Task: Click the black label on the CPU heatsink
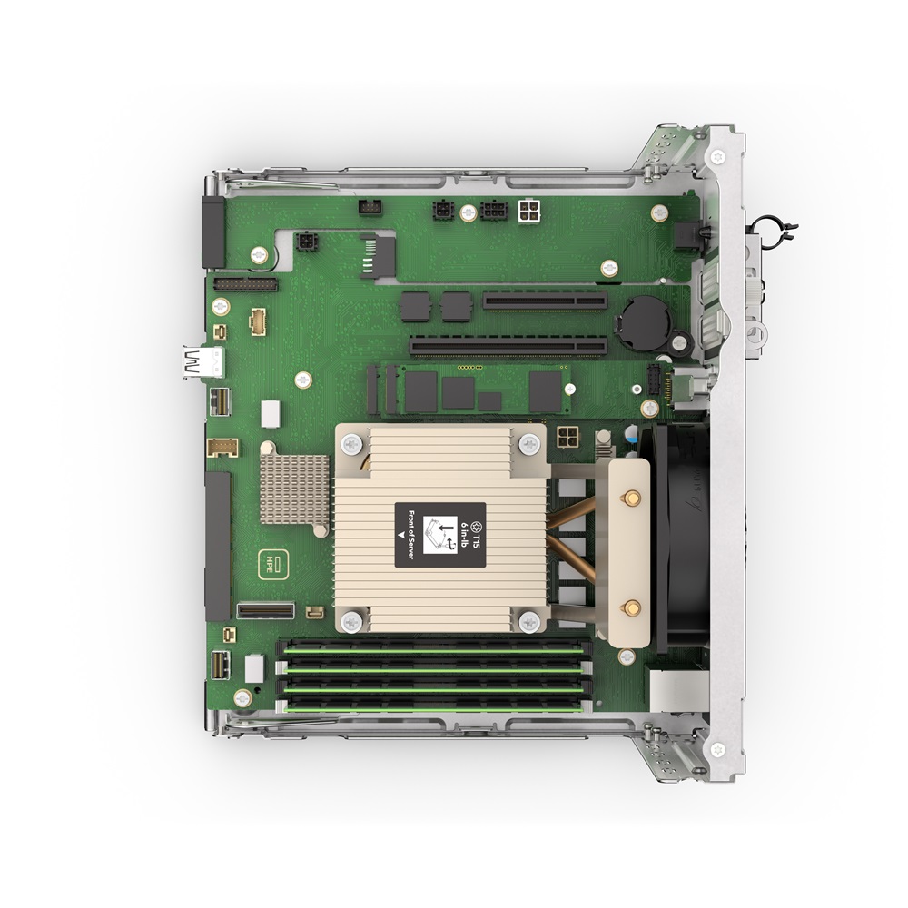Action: pyautogui.click(x=440, y=536)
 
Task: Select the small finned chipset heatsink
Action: pyautogui.click(x=294, y=489)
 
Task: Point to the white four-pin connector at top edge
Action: pyautogui.click(x=529, y=212)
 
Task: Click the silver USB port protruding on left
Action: pyautogui.click(x=202, y=361)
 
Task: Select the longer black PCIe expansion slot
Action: pyautogui.click(x=508, y=346)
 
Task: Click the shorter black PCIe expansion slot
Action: pyautogui.click(x=545, y=301)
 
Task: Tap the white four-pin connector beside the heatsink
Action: pyautogui.click(x=567, y=437)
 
